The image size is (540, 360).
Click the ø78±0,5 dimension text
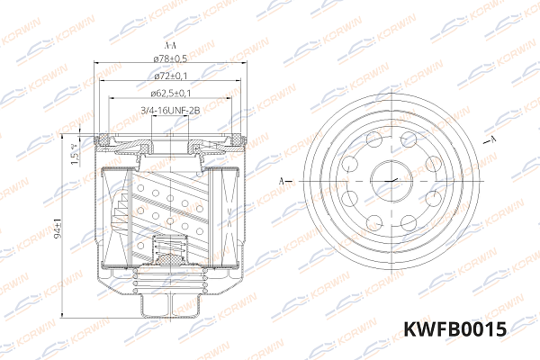[169, 60]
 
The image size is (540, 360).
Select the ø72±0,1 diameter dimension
[169, 76]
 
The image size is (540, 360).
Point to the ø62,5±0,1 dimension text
[169, 93]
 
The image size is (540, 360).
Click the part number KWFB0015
[454, 330]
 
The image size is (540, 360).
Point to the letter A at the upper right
[494, 140]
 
